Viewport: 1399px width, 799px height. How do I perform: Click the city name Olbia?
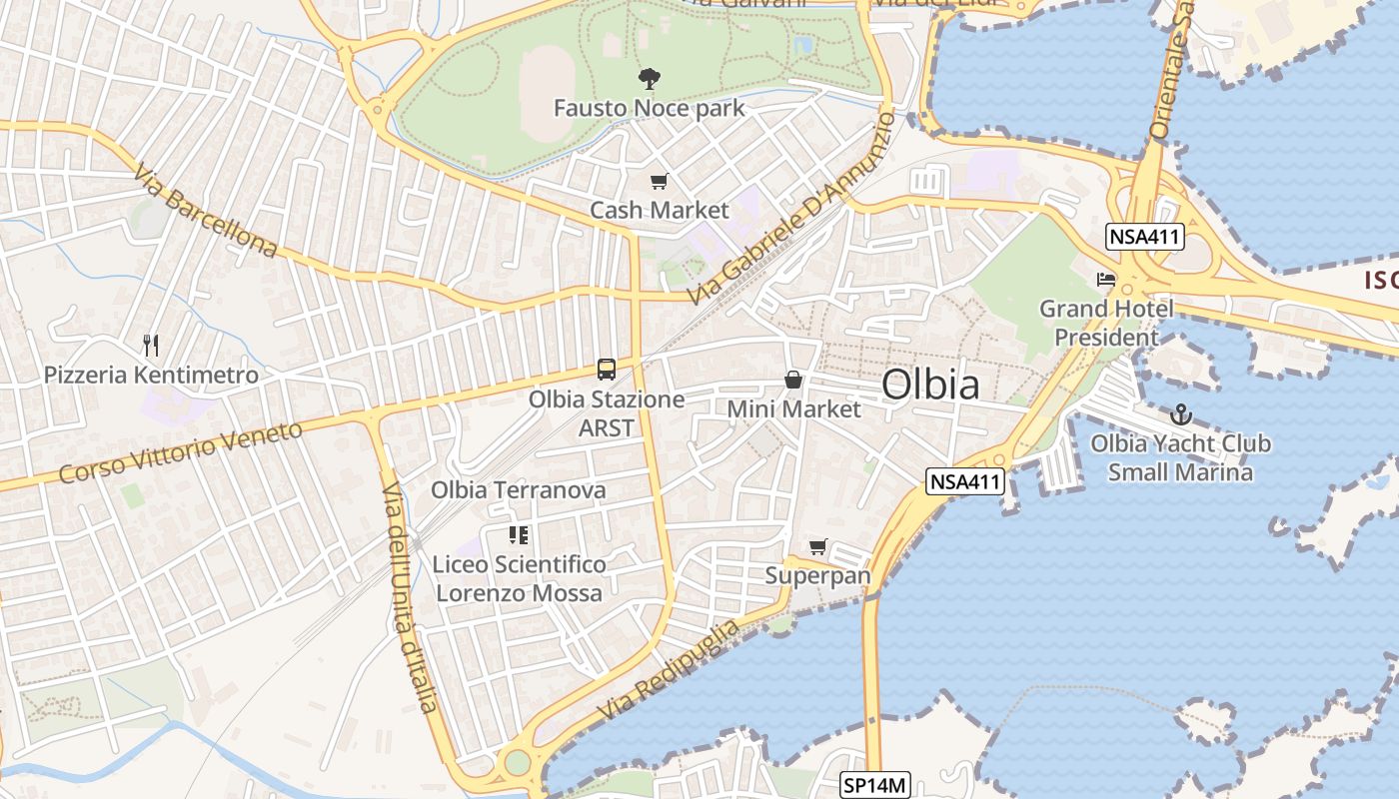coord(930,385)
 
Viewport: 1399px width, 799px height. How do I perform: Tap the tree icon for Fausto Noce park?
coord(650,78)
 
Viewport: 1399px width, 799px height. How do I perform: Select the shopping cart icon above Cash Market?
coord(659,182)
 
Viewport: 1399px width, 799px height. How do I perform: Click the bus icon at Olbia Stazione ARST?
coord(607,370)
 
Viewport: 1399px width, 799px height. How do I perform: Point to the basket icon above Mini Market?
coord(793,380)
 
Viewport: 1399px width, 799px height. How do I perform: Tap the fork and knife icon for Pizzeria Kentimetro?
coord(151,346)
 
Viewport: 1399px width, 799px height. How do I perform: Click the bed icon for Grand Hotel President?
coord(1106,280)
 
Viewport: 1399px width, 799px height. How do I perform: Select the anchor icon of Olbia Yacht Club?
coord(1181,413)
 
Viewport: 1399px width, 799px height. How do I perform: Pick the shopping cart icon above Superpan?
coord(818,546)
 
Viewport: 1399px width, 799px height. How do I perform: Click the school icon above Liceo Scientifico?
coord(518,535)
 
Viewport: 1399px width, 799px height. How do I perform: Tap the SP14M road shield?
coord(874,786)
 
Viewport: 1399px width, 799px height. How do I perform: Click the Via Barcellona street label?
coord(205,211)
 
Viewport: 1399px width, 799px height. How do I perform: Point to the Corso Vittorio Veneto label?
coord(180,452)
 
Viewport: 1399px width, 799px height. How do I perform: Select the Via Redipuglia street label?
coord(671,669)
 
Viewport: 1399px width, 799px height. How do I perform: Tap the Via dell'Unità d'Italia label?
coord(411,597)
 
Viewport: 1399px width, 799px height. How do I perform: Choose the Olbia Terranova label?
coord(519,489)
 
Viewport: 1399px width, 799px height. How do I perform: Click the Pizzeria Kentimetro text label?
coord(151,376)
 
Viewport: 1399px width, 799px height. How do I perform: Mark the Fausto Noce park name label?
coord(650,107)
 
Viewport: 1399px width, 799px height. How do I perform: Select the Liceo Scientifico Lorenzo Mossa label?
coord(520,578)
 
